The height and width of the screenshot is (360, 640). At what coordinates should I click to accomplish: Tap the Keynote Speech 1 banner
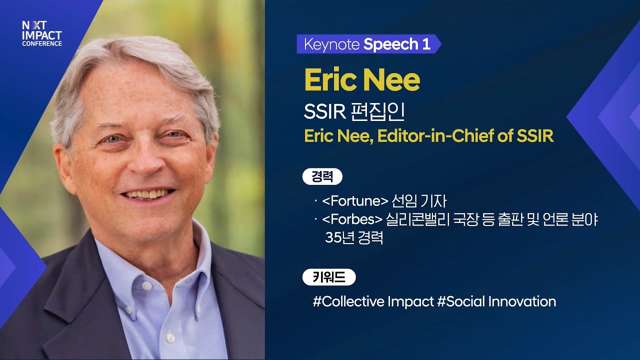(368, 44)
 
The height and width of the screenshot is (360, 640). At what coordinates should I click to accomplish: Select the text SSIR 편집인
(354, 112)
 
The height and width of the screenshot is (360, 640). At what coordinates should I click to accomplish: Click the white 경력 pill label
(322, 177)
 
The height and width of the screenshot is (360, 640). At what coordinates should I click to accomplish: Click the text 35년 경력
(354, 237)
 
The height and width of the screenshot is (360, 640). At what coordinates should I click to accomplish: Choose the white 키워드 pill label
(329, 277)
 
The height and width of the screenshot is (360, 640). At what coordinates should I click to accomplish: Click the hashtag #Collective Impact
(373, 301)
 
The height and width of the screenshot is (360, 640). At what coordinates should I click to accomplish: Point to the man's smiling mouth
(148, 193)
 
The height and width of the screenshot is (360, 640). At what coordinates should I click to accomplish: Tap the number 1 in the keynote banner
(426, 44)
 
